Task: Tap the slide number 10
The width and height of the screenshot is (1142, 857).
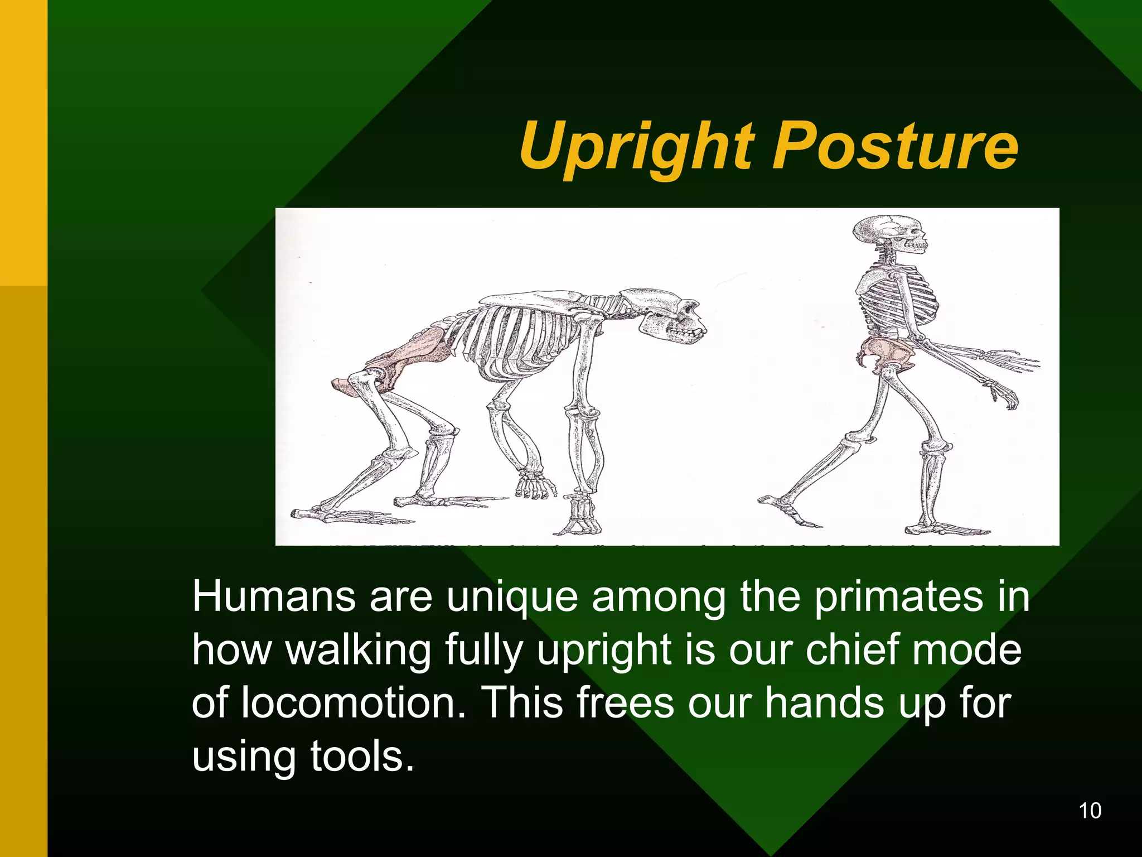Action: [1090, 811]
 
